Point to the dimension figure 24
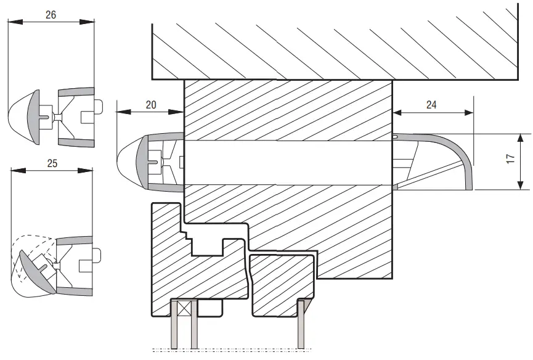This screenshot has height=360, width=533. click(x=431, y=105)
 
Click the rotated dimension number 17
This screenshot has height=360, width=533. click(x=511, y=160)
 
